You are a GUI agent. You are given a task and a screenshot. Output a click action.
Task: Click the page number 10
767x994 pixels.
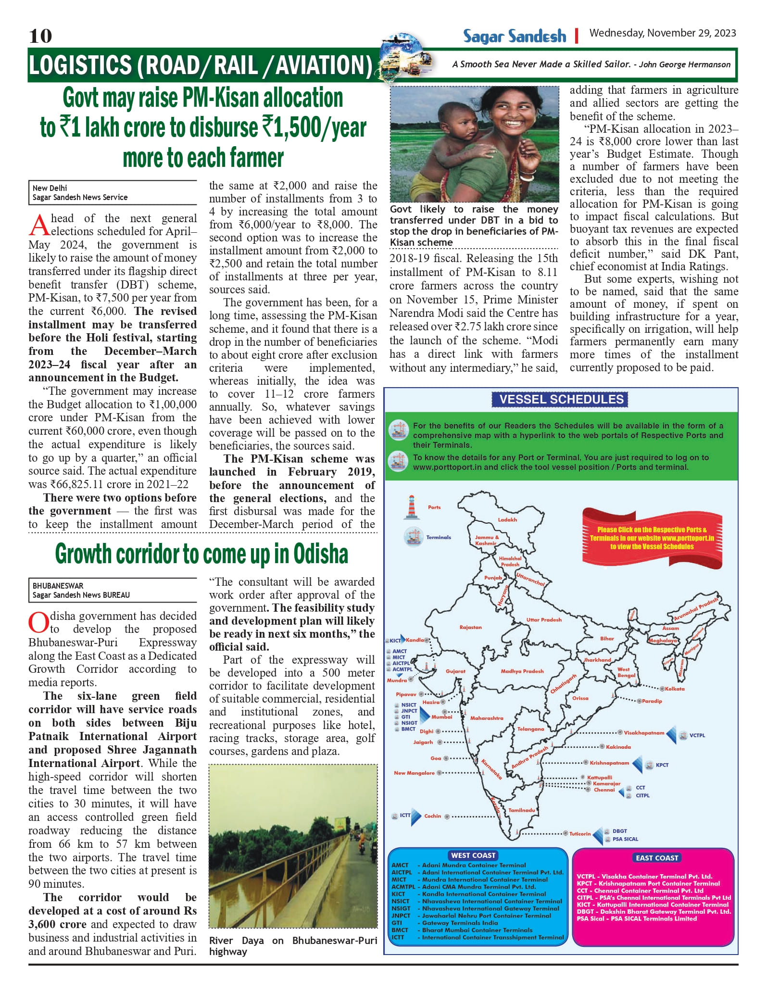(x=40, y=36)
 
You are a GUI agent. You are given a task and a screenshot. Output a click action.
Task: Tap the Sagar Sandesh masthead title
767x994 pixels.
(x=514, y=36)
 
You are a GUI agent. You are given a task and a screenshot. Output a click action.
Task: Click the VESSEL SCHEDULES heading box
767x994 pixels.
(x=561, y=399)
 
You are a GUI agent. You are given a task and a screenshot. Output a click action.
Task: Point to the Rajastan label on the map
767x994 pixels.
(x=470, y=627)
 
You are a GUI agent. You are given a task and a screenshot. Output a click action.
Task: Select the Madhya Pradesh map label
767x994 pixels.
(x=522, y=671)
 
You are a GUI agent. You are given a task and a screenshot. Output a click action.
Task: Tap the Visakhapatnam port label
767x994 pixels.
(x=643, y=733)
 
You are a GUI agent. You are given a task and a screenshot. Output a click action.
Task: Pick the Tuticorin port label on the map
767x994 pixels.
(x=579, y=833)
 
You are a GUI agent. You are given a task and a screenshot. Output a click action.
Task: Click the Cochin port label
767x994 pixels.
(x=432, y=816)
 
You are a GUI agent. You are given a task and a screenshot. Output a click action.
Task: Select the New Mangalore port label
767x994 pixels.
(x=414, y=773)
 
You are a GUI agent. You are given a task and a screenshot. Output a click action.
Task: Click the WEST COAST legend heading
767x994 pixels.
(x=473, y=855)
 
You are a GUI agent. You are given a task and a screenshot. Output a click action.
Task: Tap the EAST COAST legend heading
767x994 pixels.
(x=656, y=857)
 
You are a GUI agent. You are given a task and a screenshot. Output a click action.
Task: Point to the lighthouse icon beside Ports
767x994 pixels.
(x=411, y=507)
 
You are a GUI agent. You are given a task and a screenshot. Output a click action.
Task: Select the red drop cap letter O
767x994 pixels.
(x=38, y=623)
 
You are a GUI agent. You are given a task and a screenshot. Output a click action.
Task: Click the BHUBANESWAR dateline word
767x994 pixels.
(x=58, y=586)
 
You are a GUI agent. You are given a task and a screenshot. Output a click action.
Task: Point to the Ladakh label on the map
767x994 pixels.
(x=507, y=520)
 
